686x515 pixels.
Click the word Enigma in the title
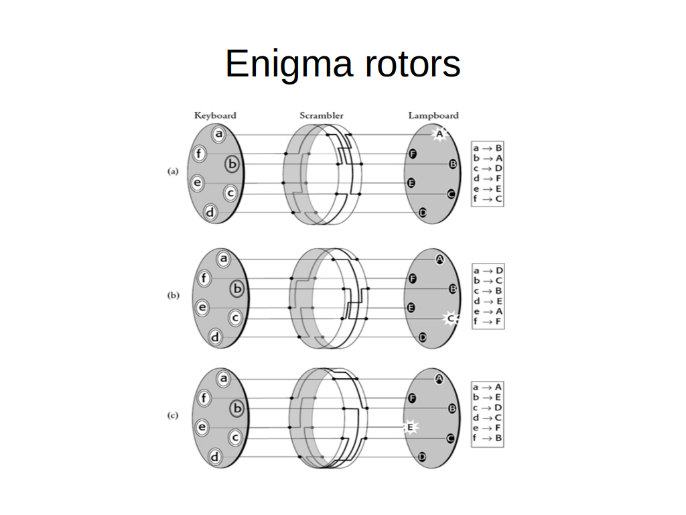coord(289,64)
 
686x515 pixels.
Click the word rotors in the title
coord(413,64)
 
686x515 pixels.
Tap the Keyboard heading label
coord(215,115)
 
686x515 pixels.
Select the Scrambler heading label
coord(322,115)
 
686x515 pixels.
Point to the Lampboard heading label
coord(433,115)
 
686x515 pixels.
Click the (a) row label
coord(173,171)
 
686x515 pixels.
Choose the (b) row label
coord(174,295)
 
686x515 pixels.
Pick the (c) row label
coord(173,415)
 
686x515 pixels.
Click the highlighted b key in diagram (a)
coord(232,164)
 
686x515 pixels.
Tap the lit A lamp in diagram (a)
coord(439,133)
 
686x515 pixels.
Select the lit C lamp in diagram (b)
coord(451,319)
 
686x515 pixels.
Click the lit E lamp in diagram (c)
coord(411,427)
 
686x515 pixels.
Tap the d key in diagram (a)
coord(210,213)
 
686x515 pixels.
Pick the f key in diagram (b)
coord(204,278)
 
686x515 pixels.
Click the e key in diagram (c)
coord(202,427)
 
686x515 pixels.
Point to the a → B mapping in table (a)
coord(488,148)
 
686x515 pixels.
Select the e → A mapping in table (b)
coord(488,311)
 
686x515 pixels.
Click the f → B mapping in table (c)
coord(488,438)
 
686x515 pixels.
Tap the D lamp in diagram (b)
coord(423,337)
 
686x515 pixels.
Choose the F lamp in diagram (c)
coord(412,398)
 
